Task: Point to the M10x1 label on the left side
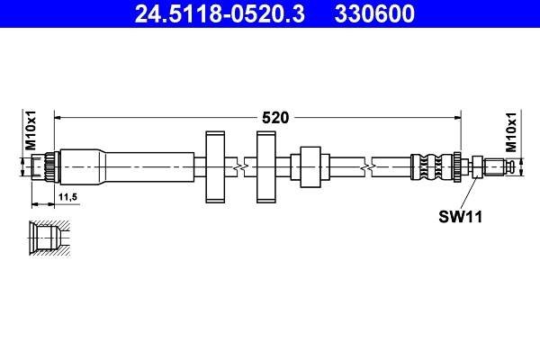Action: pyautogui.click(x=29, y=131)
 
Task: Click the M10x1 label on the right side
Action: pyautogui.click(x=510, y=131)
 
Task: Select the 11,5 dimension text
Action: pyautogui.click(x=67, y=195)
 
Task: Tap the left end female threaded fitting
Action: pyautogui.click(x=45, y=166)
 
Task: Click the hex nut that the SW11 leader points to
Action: pyautogui.click(x=470, y=166)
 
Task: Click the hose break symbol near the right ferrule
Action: pyautogui.click(x=368, y=166)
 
